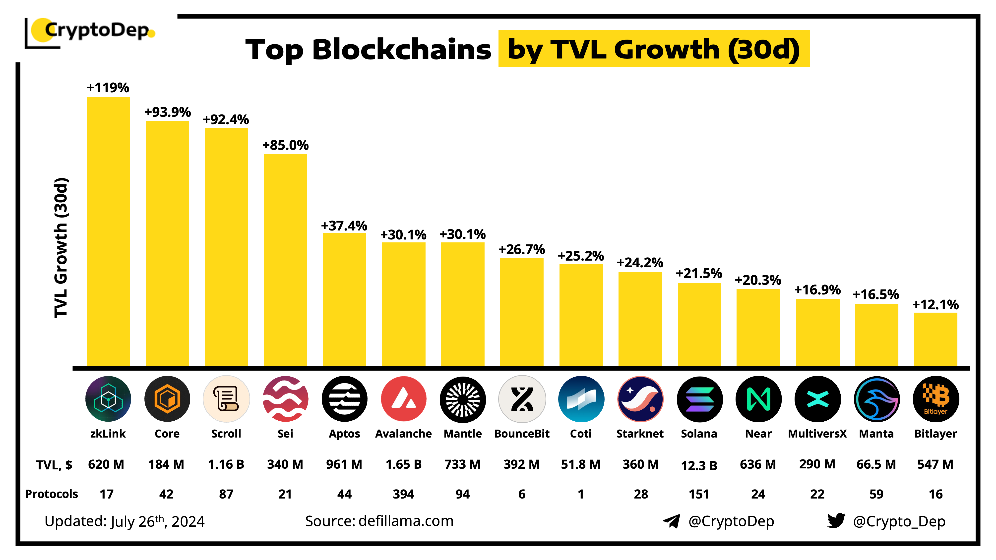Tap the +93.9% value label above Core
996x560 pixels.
click(167, 112)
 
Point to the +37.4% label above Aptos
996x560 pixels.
click(344, 226)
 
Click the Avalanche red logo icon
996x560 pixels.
click(403, 398)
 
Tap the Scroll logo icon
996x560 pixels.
click(226, 398)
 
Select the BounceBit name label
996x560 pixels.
click(522, 434)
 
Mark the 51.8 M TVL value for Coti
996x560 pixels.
click(580, 464)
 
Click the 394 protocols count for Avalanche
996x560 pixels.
click(403, 494)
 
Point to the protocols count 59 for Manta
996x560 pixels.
click(876, 494)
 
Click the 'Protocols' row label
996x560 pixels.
click(52, 494)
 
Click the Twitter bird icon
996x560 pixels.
click(836, 521)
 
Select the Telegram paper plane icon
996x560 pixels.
click(671, 521)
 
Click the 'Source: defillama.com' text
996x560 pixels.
click(379, 521)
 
